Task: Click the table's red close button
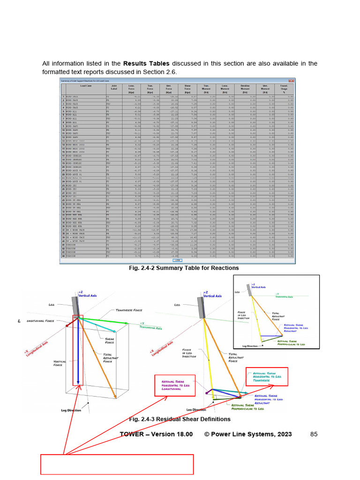[x=291, y=81]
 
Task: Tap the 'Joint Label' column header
[x=114, y=89]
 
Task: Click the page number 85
[x=314, y=435]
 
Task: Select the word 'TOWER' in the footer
[x=132, y=435]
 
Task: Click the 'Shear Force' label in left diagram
[x=109, y=340]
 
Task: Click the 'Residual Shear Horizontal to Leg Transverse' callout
[x=266, y=377]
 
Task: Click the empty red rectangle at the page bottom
[x=117, y=464]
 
